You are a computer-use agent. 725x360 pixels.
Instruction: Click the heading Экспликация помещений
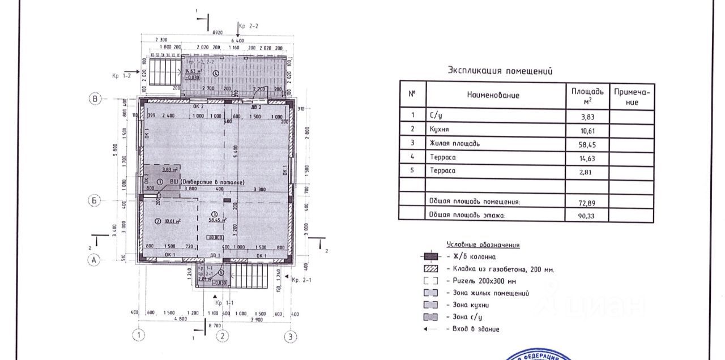(500, 71)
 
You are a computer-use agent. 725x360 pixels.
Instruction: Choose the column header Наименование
(493, 95)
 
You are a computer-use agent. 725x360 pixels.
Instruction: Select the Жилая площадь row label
(454, 144)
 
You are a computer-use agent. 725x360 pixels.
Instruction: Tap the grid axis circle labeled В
(96, 99)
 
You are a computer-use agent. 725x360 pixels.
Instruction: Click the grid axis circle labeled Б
(96, 199)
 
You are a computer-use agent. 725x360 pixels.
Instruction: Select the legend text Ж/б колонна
(472, 258)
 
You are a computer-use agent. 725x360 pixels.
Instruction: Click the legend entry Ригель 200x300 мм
(481, 281)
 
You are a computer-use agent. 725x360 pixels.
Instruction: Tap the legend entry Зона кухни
(470, 305)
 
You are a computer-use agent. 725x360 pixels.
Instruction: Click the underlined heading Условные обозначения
(483, 245)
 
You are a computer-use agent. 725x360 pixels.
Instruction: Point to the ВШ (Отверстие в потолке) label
(207, 182)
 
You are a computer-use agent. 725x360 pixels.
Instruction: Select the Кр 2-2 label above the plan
(248, 25)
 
